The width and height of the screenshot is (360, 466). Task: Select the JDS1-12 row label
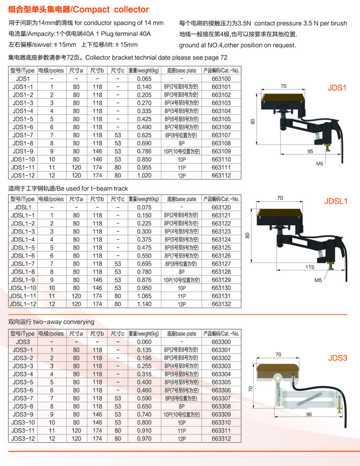point(23,175)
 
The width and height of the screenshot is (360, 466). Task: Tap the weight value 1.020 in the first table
point(144,175)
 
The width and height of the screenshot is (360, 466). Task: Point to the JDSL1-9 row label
point(23,280)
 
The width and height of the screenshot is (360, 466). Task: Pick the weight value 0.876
point(144,280)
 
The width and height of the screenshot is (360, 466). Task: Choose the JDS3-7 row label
point(23,398)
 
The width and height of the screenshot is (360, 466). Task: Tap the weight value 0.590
point(144,398)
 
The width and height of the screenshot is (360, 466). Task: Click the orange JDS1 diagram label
point(337,88)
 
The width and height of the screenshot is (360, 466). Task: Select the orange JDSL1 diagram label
point(336,201)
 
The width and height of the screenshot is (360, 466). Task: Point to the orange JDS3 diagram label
point(337,358)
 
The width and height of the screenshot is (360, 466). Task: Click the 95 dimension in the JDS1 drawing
point(310,151)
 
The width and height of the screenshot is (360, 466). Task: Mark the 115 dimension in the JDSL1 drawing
point(309,267)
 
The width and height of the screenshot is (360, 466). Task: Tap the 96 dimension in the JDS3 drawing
point(309,414)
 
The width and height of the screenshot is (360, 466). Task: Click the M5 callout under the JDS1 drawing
point(319,164)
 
